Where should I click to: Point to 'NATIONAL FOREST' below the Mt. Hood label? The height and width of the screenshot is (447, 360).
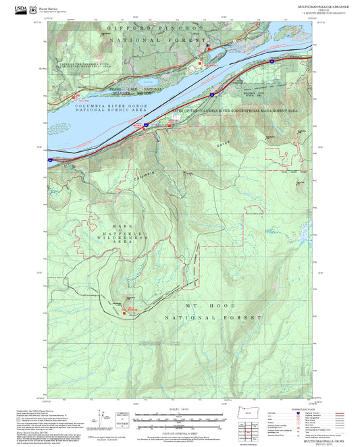click(x=210, y=317)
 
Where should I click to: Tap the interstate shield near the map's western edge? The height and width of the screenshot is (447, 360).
click(x=50, y=159)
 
